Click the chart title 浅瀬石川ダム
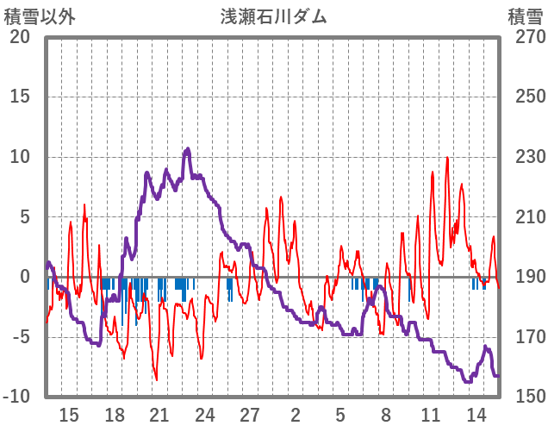pyautogui.click(x=273, y=16)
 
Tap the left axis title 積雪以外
pyautogui.click(x=40, y=16)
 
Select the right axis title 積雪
pyautogui.click(x=524, y=16)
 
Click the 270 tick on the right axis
pyautogui.click(x=525, y=37)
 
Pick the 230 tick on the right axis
pyautogui.click(x=525, y=157)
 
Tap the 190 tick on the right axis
pyautogui.click(x=525, y=277)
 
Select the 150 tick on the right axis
pyautogui.click(x=525, y=396)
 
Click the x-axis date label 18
pyautogui.click(x=114, y=415)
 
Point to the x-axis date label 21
pyautogui.click(x=159, y=415)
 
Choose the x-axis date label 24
pyautogui.click(x=205, y=415)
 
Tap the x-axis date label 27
pyautogui.click(x=250, y=415)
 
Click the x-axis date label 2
pyautogui.click(x=296, y=415)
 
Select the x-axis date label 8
pyautogui.click(x=386, y=415)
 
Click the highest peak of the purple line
pyautogui.click(x=188, y=149)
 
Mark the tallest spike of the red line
pyautogui.click(x=447, y=158)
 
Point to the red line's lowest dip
pyautogui.click(x=156, y=379)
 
